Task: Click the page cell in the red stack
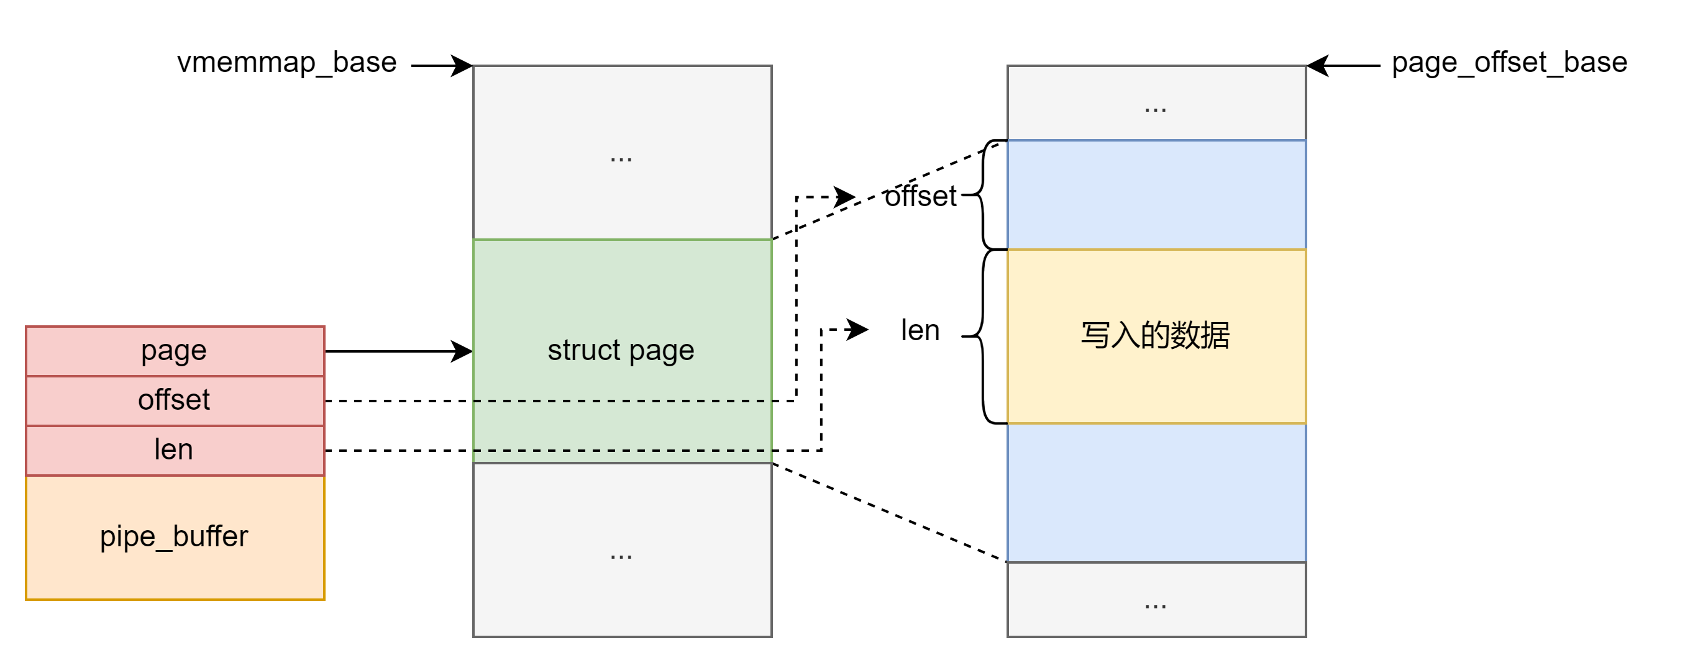(175, 351)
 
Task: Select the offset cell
(175, 400)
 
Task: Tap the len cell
(175, 450)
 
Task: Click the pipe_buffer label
(175, 537)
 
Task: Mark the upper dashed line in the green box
(622, 401)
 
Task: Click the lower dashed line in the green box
(622, 451)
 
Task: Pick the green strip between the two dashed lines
(622, 426)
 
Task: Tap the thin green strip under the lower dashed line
(622, 457)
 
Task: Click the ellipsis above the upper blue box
(1155, 109)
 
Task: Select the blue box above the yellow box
(1156, 194)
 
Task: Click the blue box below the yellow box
(1156, 492)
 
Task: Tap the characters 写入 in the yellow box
(1110, 335)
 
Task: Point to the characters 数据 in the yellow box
(1200, 335)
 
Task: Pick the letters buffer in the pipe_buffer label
(211, 536)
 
